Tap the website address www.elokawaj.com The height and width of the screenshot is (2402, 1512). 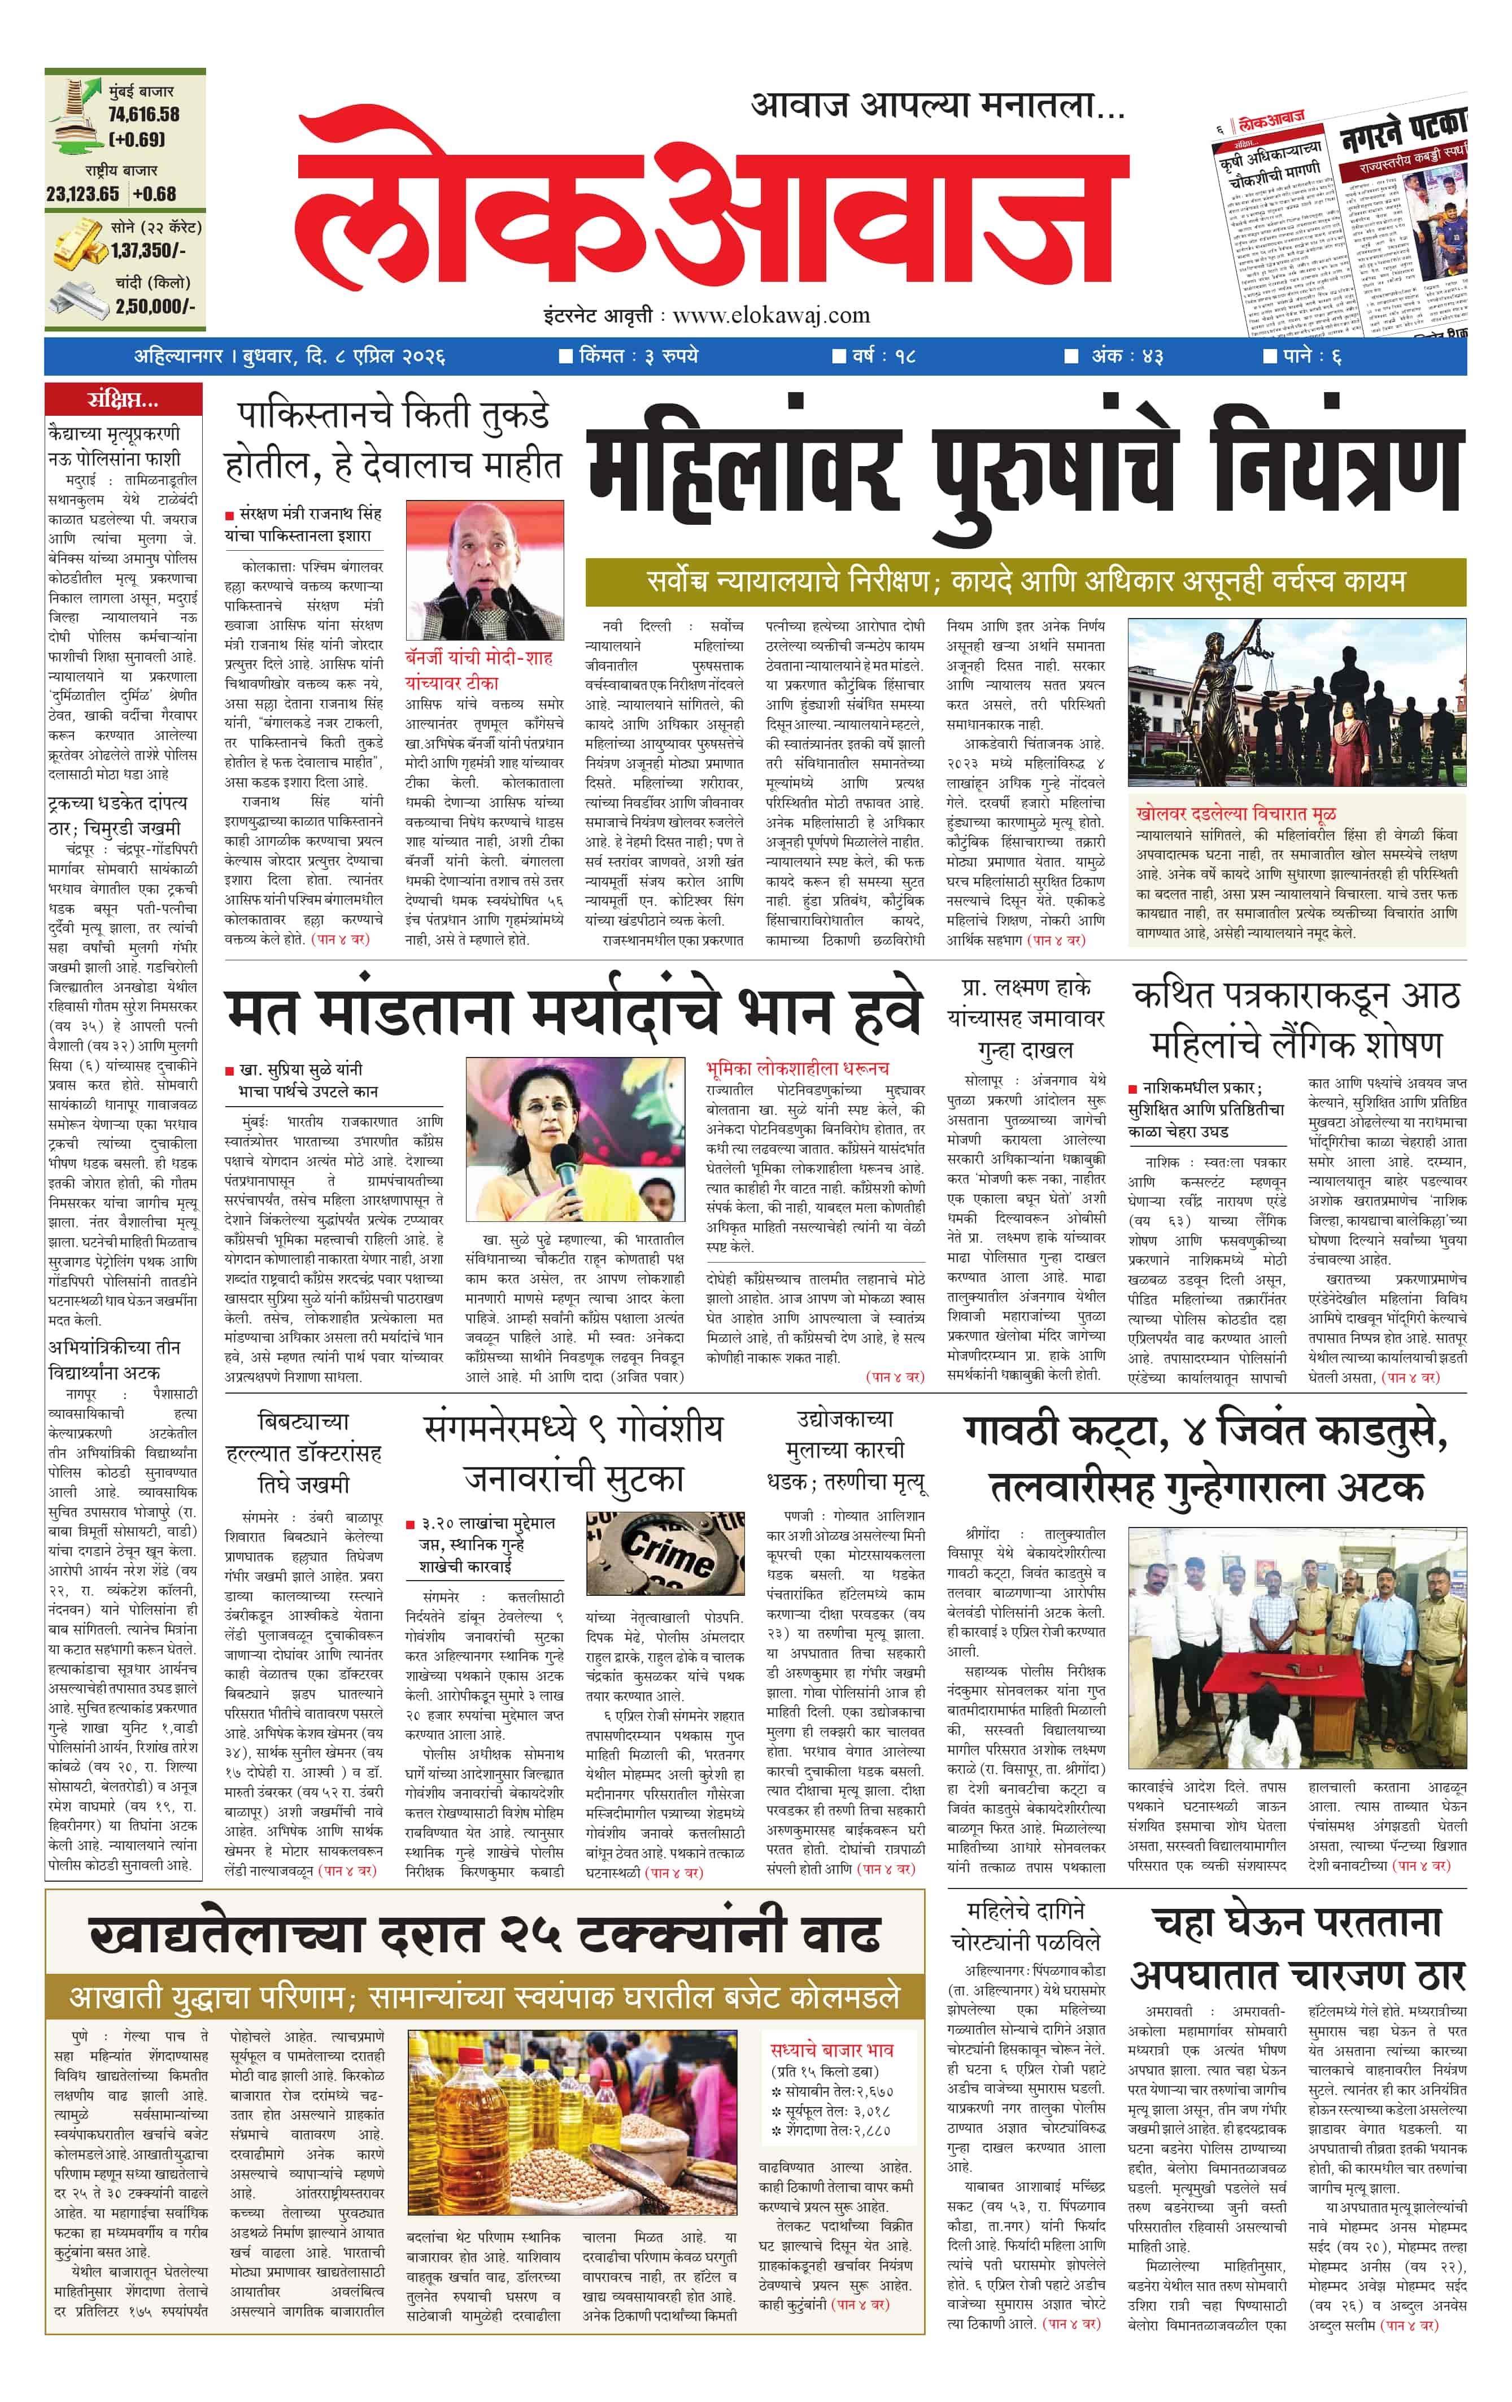click(771, 316)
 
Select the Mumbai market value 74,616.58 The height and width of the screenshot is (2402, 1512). click(143, 115)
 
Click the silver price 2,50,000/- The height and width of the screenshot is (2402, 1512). click(155, 306)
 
